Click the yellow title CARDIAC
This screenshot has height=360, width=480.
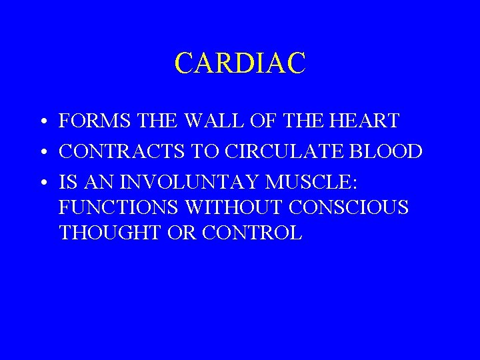tap(240, 63)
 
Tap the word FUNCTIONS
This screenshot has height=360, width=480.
tap(118, 208)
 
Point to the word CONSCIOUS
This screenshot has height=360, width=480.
tap(349, 208)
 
